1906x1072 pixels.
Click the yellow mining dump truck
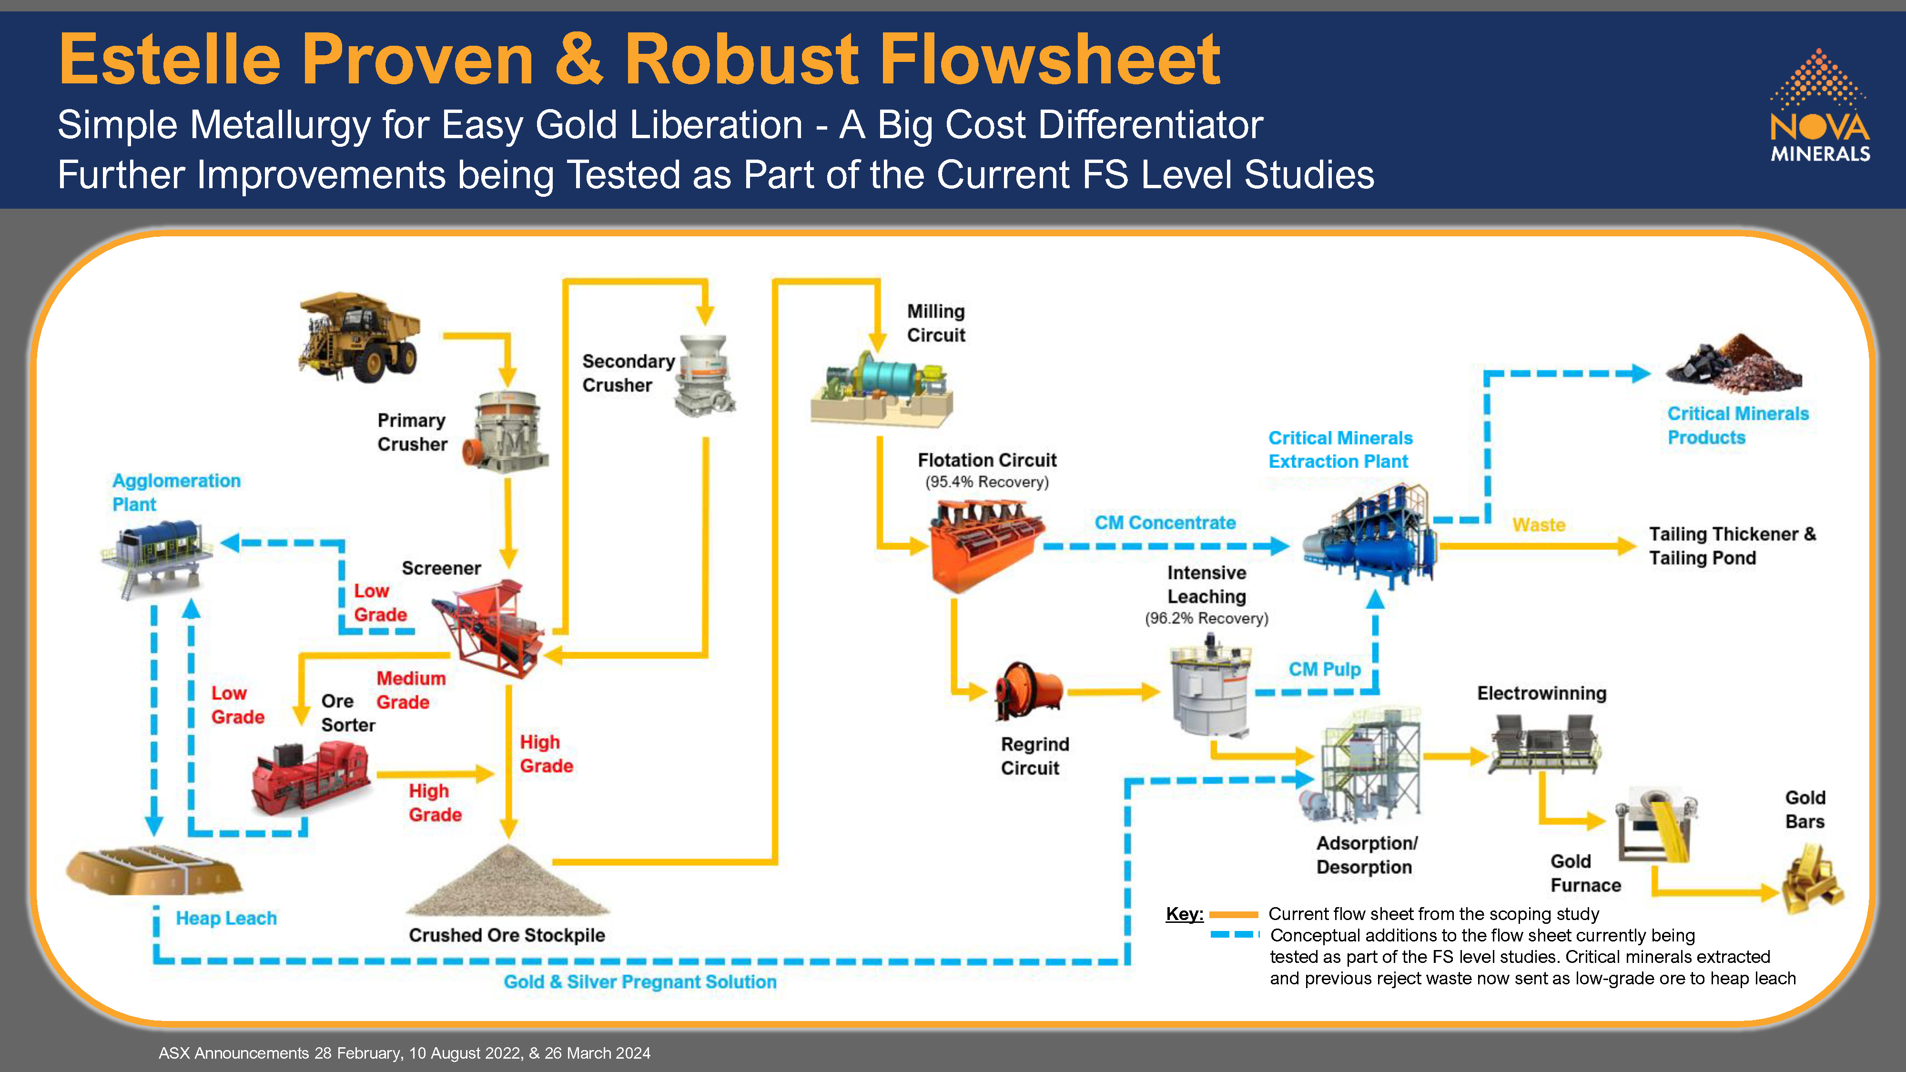(359, 337)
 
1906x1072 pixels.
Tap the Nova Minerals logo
(1819, 107)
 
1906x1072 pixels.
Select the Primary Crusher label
(412, 432)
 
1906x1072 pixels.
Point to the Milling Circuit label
(936, 324)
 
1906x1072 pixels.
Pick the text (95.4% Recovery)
(987, 482)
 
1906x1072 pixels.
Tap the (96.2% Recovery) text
(1206, 618)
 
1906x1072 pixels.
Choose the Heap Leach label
(226, 918)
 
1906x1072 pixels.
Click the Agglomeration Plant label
(176, 493)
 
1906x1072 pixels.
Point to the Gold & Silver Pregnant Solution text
(640, 982)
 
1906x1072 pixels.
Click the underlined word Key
(1183, 914)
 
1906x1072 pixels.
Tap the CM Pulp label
(1325, 669)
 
